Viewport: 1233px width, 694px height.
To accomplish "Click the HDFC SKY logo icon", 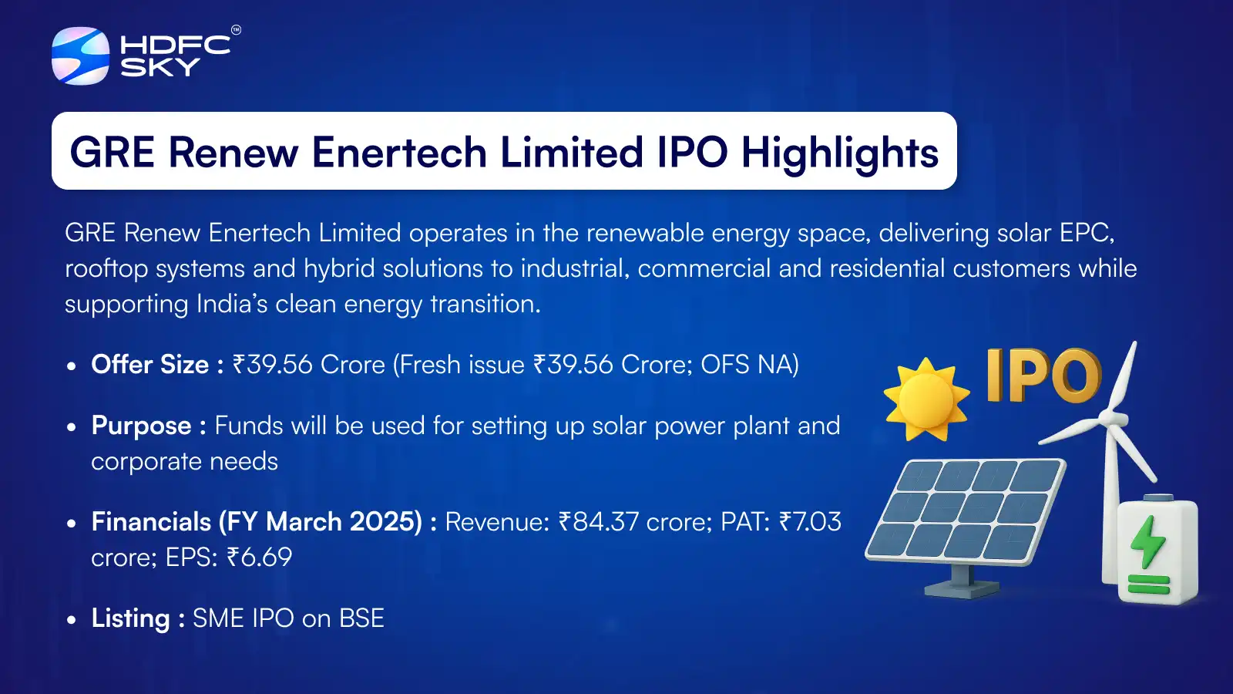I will point(80,56).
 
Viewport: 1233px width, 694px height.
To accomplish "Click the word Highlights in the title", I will point(839,153).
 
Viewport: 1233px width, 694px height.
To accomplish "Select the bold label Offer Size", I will point(150,365).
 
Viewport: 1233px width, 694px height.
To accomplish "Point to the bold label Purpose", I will point(141,426).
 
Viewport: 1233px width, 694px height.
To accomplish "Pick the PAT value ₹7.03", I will point(810,522).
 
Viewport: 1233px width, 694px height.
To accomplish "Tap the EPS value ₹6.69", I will point(259,558).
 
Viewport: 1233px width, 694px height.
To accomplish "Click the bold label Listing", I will point(130,618).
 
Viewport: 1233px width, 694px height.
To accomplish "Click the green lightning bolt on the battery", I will point(1148,541).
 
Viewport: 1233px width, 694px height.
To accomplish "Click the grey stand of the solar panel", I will point(960,582).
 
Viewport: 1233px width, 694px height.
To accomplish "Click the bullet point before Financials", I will point(72,524).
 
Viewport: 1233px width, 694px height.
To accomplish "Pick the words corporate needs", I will point(184,461).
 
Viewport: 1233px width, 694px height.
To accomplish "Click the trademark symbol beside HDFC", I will point(236,30).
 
